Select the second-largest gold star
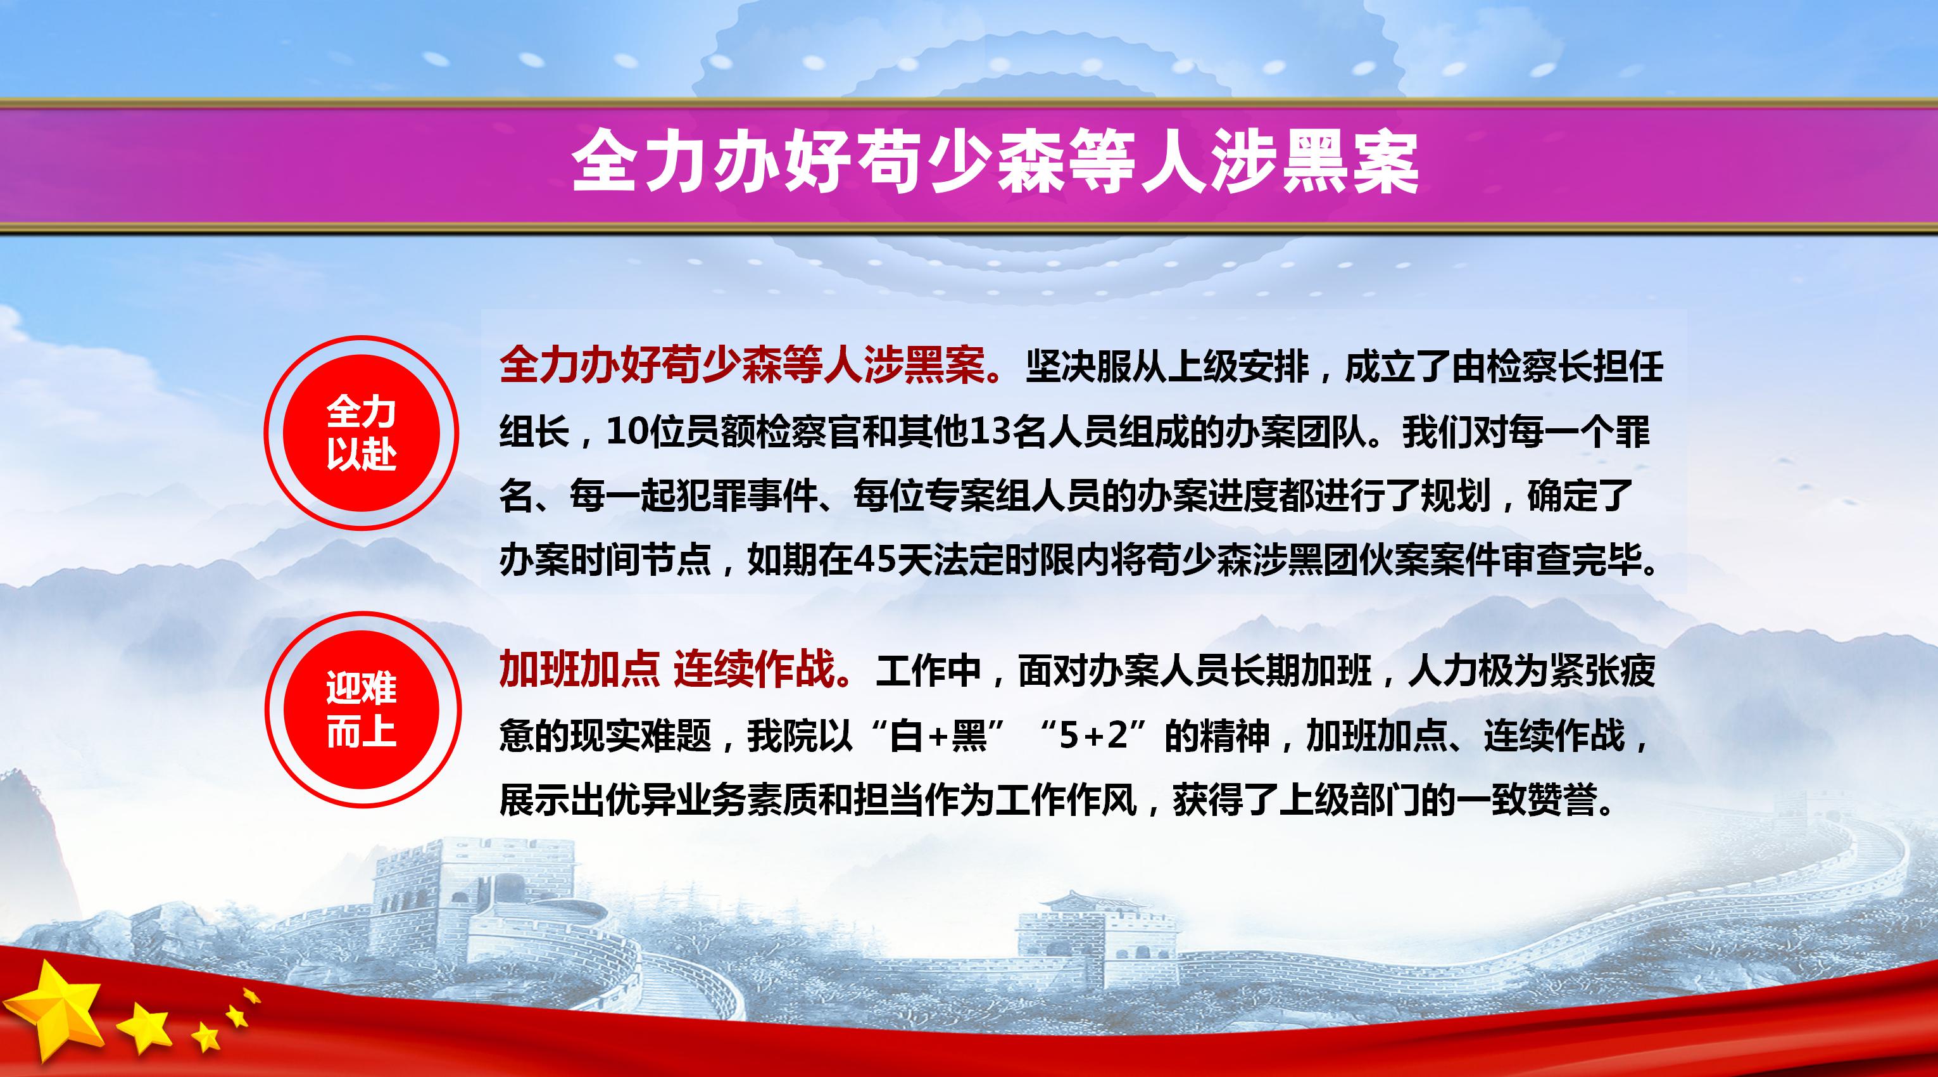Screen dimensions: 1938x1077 click(144, 1025)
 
